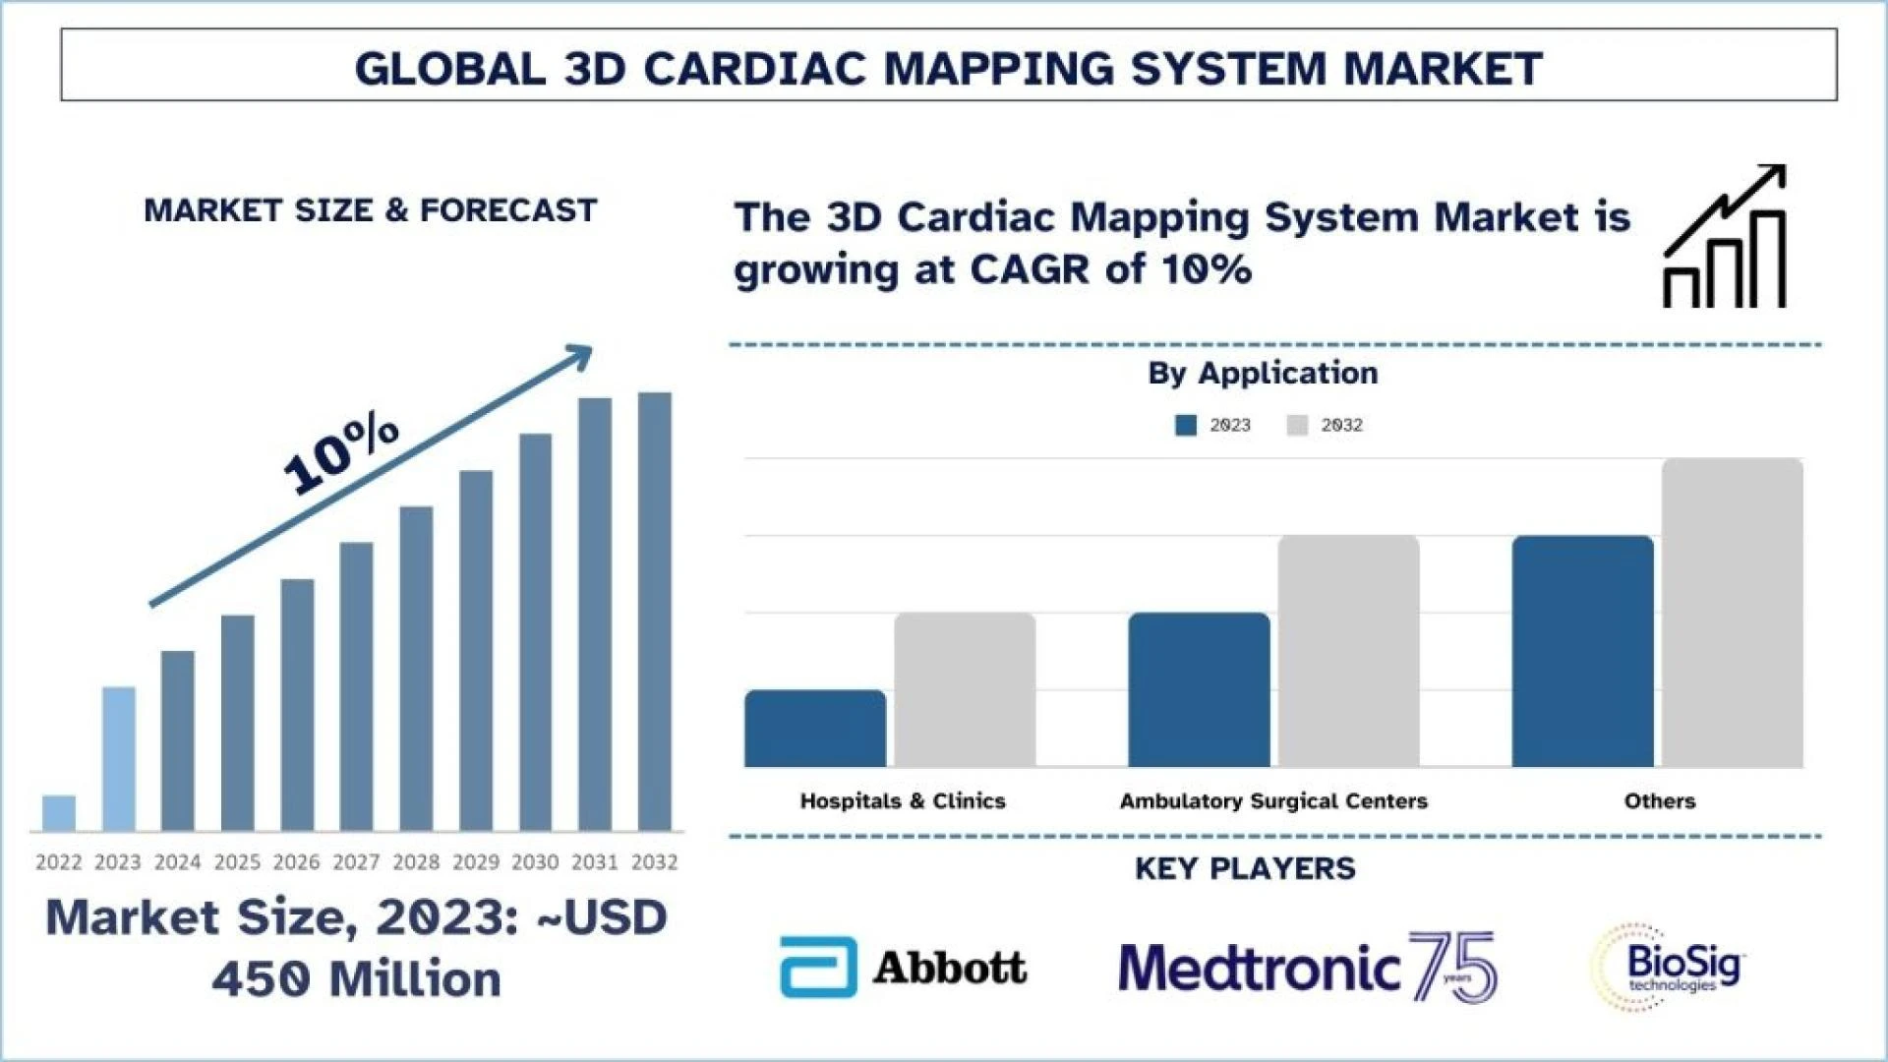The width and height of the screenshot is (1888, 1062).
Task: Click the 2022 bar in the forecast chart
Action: click(59, 813)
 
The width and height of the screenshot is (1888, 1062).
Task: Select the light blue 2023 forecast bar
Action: click(119, 758)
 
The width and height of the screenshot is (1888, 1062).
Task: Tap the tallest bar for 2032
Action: click(655, 612)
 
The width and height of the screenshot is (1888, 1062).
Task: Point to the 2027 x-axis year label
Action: click(356, 862)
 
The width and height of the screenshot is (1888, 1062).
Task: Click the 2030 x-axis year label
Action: click(535, 862)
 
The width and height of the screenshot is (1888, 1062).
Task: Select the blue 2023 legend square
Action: click(1186, 425)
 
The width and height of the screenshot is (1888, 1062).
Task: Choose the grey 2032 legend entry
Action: click(1325, 425)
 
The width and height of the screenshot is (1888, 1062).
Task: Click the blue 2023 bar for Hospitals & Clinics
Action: click(815, 729)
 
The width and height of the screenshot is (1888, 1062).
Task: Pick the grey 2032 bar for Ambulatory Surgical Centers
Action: click(1348, 651)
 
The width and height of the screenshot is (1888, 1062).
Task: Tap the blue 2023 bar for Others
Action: click(1582, 651)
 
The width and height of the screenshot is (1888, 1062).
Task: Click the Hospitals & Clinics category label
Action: click(903, 801)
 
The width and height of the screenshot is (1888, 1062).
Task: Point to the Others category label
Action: click(1659, 801)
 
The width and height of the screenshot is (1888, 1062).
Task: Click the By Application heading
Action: click(1263, 374)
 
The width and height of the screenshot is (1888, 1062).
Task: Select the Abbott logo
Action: click(903, 968)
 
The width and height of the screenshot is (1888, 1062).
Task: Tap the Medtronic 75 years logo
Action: click(1308, 968)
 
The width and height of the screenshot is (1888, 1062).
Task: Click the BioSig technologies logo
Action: click(1668, 968)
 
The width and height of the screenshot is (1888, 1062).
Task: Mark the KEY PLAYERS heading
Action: click(1245, 869)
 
